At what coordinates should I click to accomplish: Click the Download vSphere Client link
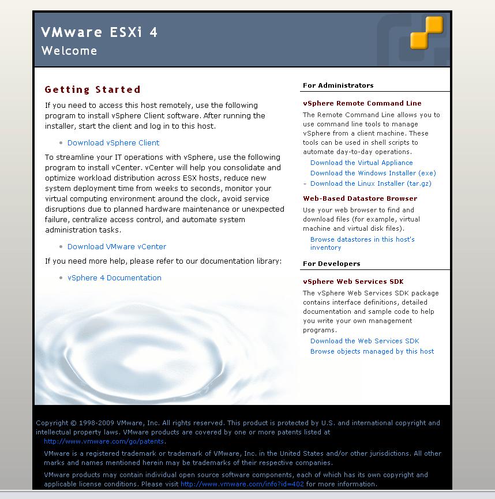pos(113,142)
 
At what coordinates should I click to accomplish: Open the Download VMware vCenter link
pos(117,246)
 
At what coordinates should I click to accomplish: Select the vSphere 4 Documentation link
pos(114,277)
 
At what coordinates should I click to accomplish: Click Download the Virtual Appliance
pos(361,163)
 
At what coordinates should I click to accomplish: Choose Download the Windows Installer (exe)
pos(373,173)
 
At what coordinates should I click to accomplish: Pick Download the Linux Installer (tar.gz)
pos(370,183)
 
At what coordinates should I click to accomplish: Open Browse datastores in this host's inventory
pos(362,239)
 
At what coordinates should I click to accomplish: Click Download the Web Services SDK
pos(365,341)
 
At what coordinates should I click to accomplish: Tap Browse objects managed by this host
pos(372,351)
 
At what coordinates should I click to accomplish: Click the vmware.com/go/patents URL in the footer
pos(104,441)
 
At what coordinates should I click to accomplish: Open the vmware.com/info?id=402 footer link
pos(242,484)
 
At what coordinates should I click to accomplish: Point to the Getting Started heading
pos(92,89)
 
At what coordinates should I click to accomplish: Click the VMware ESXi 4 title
pos(99,32)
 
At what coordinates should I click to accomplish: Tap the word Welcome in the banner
pos(69,51)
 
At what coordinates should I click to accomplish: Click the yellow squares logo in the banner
pos(426,32)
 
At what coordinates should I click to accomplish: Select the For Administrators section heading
pos(338,85)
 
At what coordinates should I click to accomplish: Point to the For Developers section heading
pos(331,264)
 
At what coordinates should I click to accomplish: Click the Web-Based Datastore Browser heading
pos(360,198)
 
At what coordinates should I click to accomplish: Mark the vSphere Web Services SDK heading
pos(353,282)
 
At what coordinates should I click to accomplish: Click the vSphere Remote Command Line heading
pos(362,103)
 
